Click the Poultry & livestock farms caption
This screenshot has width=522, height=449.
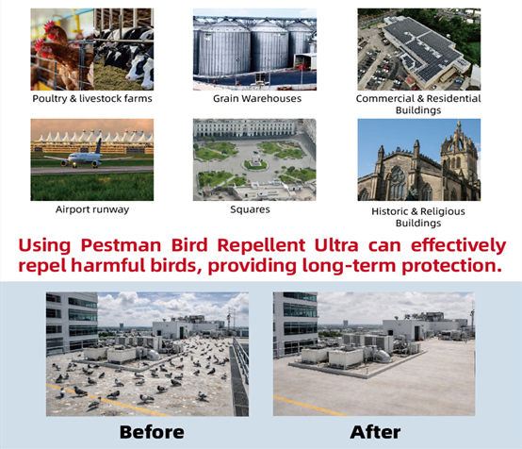pyautogui.click(x=91, y=98)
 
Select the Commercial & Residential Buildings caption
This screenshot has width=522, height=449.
pyautogui.click(x=418, y=104)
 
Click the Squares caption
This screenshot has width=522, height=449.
pyautogui.click(x=254, y=208)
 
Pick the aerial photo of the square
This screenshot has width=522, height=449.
pyautogui.click(x=254, y=159)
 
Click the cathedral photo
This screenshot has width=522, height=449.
pyautogui.click(x=418, y=159)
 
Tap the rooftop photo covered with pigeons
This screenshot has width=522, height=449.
pyautogui.click(x=148, y=354)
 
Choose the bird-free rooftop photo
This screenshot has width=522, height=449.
pyautogui.click(x=374, y=354)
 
